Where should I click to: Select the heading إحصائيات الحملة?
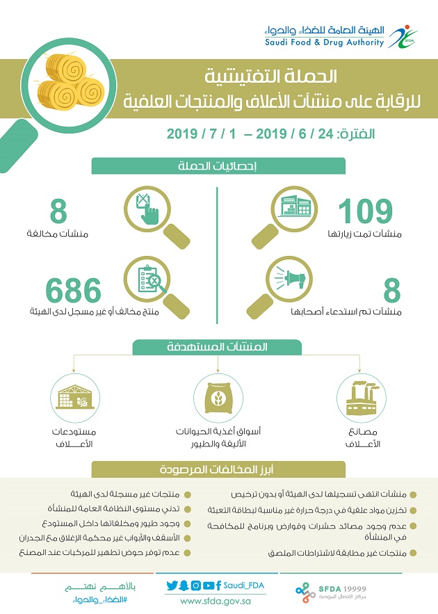pos(219,165)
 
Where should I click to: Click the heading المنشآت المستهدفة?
pos(219,348)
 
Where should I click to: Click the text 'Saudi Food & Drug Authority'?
pos(324,42)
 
